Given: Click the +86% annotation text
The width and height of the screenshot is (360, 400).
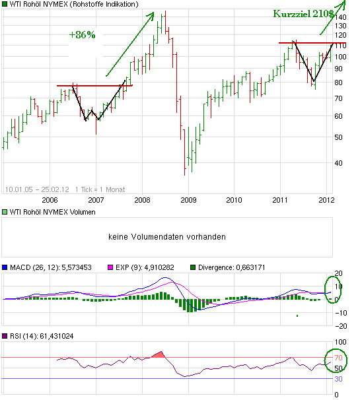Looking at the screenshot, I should click(83, 35).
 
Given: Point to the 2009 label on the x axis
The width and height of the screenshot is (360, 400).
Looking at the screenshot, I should click(188, 199).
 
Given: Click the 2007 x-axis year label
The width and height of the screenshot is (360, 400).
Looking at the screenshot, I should click(96, 199).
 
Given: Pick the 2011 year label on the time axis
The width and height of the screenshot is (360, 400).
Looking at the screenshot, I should click(281, 199).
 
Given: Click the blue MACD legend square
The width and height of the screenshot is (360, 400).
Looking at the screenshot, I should click(5, 268).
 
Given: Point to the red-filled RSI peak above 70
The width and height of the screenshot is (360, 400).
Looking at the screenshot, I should click(157, 355).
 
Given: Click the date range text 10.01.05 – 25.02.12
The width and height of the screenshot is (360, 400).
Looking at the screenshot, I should click(29, 188).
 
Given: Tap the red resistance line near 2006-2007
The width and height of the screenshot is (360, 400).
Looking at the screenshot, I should click(94, 85).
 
